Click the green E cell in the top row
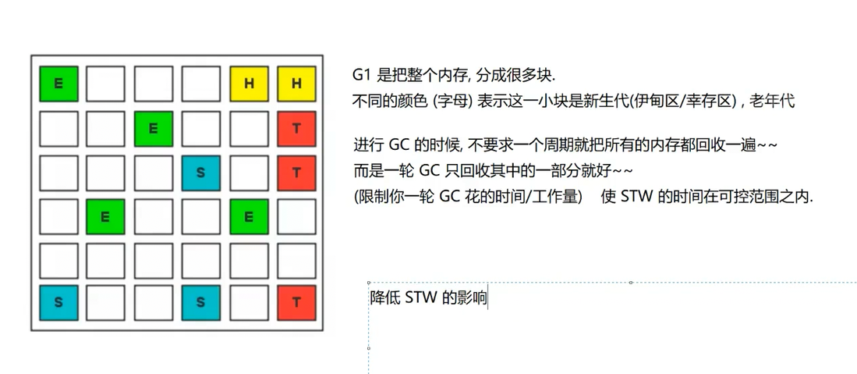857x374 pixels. (58, 84)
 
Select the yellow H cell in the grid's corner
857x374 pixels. (296, 84)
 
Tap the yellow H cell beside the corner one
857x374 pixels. (249, 84)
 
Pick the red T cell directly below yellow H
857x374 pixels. (296, 129)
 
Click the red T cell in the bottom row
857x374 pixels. (296, 302)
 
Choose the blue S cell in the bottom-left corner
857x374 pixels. (58, 302)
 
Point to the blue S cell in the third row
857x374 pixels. (201, 173)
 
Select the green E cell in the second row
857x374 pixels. (154, 129)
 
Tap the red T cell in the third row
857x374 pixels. (296, 173)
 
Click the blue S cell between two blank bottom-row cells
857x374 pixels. (201, 302)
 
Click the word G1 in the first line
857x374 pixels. (361, 76)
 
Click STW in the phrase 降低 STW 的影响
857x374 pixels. (421, 297)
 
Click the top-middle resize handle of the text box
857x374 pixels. (630, 283)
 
